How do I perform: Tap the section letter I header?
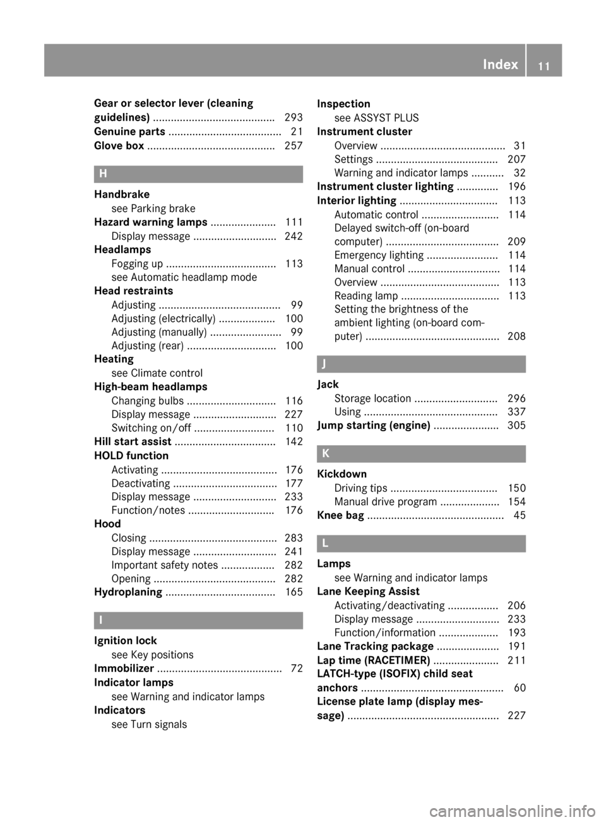(100, 621)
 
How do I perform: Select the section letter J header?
(324, 364)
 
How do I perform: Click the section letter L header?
(324, 543)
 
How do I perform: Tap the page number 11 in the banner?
(544, 65)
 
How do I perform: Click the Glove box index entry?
(119, 146)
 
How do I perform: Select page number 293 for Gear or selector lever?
(294, 117)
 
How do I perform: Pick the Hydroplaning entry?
(128, 592)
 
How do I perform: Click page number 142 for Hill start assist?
(294, 442)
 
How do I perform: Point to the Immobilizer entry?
(124, 669)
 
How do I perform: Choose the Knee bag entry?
(340, 516)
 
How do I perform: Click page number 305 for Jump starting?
(516, 426)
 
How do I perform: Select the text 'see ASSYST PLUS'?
(376, 118)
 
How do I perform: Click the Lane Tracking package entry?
(375, 646)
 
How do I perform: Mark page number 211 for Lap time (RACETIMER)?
(516, 660)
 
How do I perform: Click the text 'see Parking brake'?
(153, 208)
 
